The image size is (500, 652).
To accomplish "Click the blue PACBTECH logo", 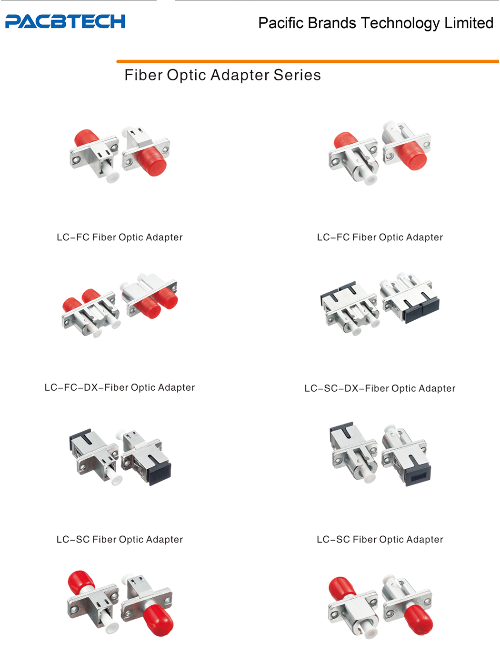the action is coord(65,21).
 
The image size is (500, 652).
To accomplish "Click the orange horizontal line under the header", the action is coord(308,61).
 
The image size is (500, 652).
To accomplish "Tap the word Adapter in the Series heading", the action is coord(240,75).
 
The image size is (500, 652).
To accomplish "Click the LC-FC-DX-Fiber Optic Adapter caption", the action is coord(120,387).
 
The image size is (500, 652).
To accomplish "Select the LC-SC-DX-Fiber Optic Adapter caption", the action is coord(380,388).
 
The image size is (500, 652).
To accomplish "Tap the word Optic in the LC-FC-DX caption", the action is coord(143,388).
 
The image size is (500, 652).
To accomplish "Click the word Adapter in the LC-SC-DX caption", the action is coord(437,388).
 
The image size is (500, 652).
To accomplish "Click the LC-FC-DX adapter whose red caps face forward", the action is coord(150,295).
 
